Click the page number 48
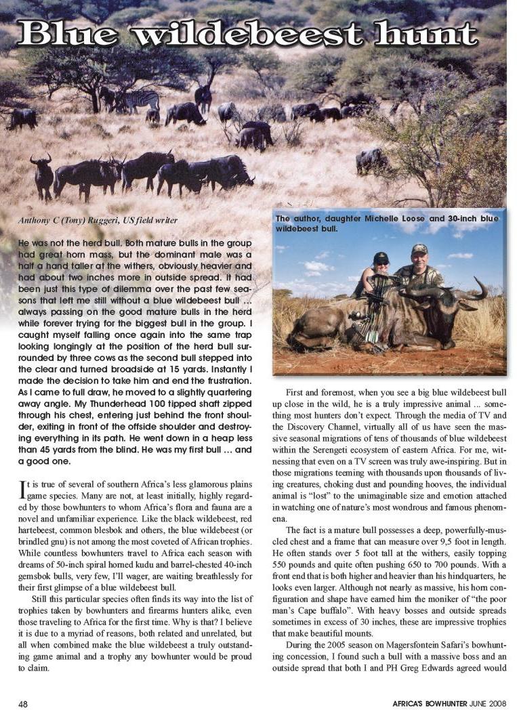[23, 704]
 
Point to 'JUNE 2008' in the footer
[489, 704]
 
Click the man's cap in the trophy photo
[419, 249]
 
